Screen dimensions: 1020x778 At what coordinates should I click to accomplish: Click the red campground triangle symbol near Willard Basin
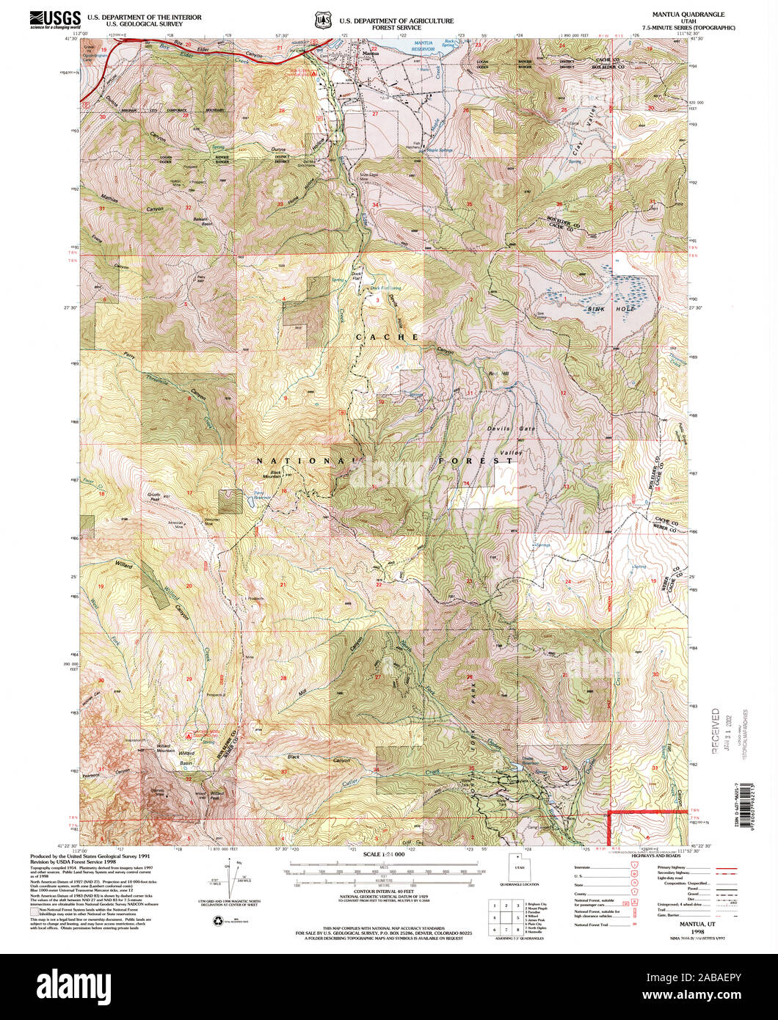click(x=192, y=734)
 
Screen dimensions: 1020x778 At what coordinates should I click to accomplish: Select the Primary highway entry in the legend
click(x=661, y=867)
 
